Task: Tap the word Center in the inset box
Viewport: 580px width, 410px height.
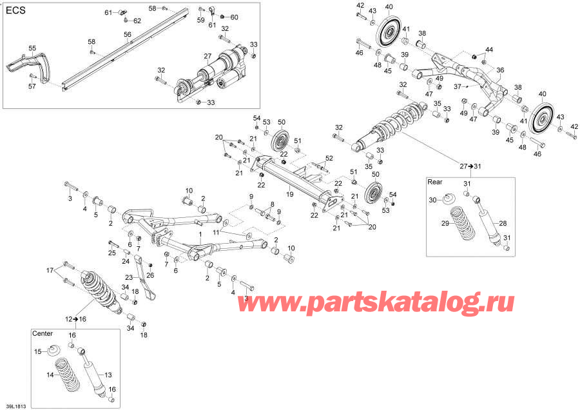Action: click(x=43, y=333)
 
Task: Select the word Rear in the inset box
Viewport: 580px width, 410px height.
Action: click(x=435, y=182)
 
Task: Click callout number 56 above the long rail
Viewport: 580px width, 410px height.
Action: click(x=128, y=34)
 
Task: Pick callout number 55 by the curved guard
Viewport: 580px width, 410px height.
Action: click(x=32, y=48)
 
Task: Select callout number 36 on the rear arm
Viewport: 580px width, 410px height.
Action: click(x=500, y=71)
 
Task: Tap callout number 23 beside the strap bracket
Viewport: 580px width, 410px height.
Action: click(x=128, y=278)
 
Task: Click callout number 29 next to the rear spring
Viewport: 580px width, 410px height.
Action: click(x=444, y=223)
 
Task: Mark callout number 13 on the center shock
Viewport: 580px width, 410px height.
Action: click(x=108, y=375)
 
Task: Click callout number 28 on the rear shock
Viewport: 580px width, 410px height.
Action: click(x=503, y=222)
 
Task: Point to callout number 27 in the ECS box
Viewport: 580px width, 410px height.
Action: click(x=208, y=56)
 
